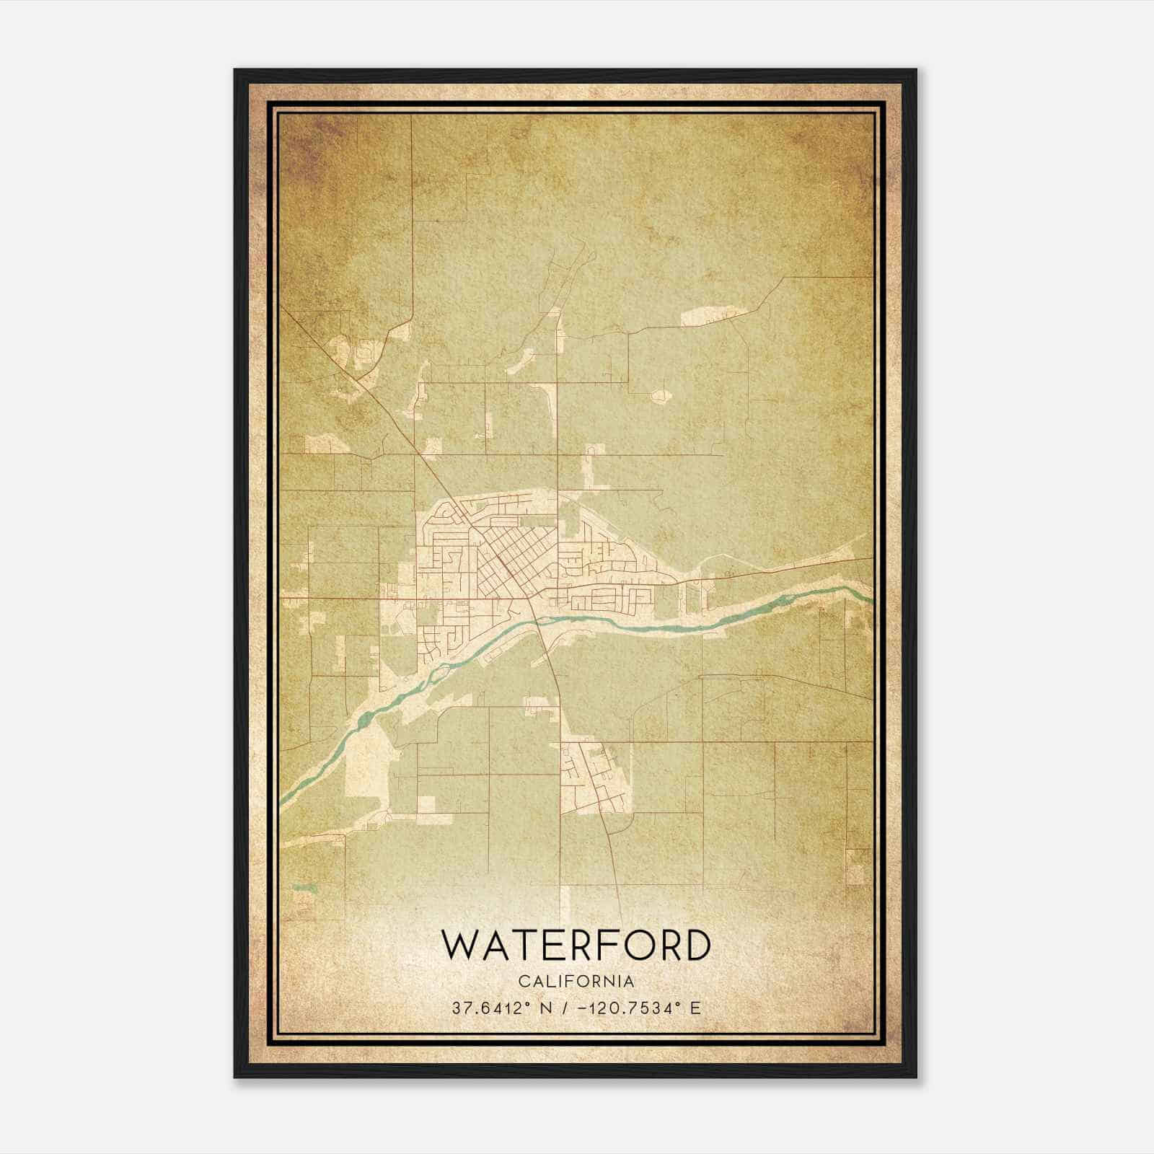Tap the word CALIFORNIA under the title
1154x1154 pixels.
point(576,982)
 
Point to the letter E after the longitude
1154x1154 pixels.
point(695,1008)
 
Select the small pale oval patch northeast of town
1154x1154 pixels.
point(660,395)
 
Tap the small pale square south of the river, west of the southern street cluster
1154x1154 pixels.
point(426,804)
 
